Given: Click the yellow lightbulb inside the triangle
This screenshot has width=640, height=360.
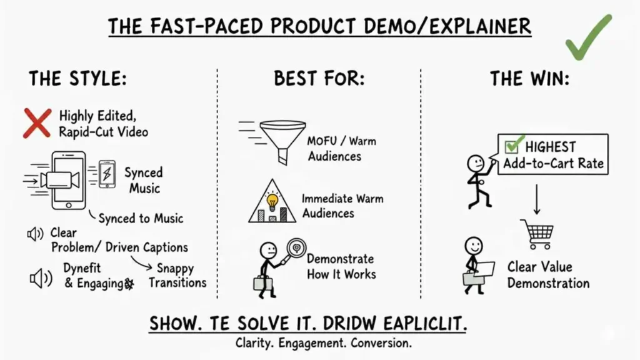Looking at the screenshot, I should (x=272, y=201).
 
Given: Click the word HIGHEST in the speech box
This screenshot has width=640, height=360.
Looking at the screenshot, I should (x=550, y=147).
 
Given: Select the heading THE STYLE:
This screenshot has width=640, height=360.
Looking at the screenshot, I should (x=77, y=79).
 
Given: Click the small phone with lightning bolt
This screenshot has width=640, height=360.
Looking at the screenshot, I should (x=107, y=173).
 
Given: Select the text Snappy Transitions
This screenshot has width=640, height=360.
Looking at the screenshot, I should (x=177, y=276).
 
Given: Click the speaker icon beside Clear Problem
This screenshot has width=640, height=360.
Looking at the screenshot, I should (x=34, y=234).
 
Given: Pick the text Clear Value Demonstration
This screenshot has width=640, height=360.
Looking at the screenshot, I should (x=547, y=275).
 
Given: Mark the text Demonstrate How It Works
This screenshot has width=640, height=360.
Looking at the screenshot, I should (x=341, y=266).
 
